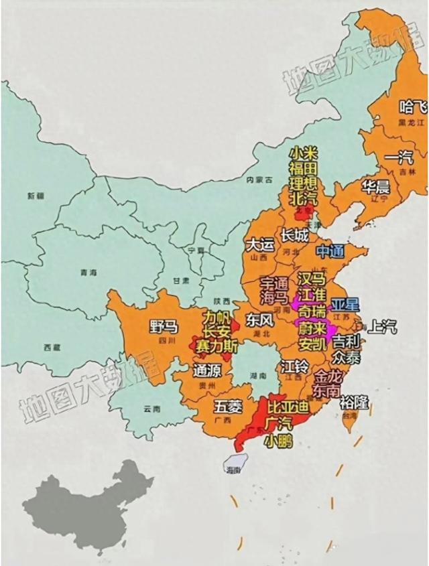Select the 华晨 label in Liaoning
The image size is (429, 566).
pos(377,185)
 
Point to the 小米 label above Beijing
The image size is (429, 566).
pos(303,153)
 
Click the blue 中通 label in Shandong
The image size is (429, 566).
pos(330,251)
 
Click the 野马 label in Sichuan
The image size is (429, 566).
pos(164,327)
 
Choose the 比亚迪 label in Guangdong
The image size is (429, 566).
pos(286,407)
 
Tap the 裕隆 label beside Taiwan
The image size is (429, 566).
pos(353,403)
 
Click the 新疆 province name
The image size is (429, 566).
pos(35,196)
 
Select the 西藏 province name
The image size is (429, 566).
pos(52,347)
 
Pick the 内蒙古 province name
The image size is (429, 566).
pos(259,180)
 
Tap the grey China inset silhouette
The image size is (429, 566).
pos(87,502)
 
